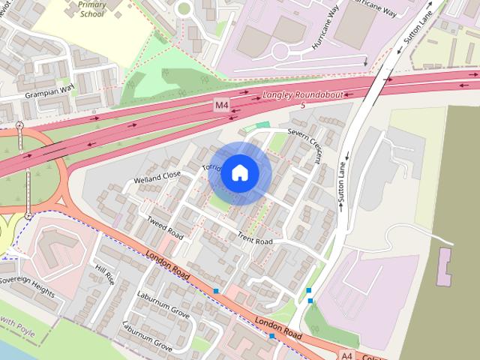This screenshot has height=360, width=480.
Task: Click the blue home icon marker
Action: pos(239,172)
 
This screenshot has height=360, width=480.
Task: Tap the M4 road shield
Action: pos(221,106)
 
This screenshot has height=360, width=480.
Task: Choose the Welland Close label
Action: pos(157,177)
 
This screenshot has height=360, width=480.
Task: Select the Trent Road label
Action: pos(255,240)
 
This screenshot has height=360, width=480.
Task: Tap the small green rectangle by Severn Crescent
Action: pos(262,124)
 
